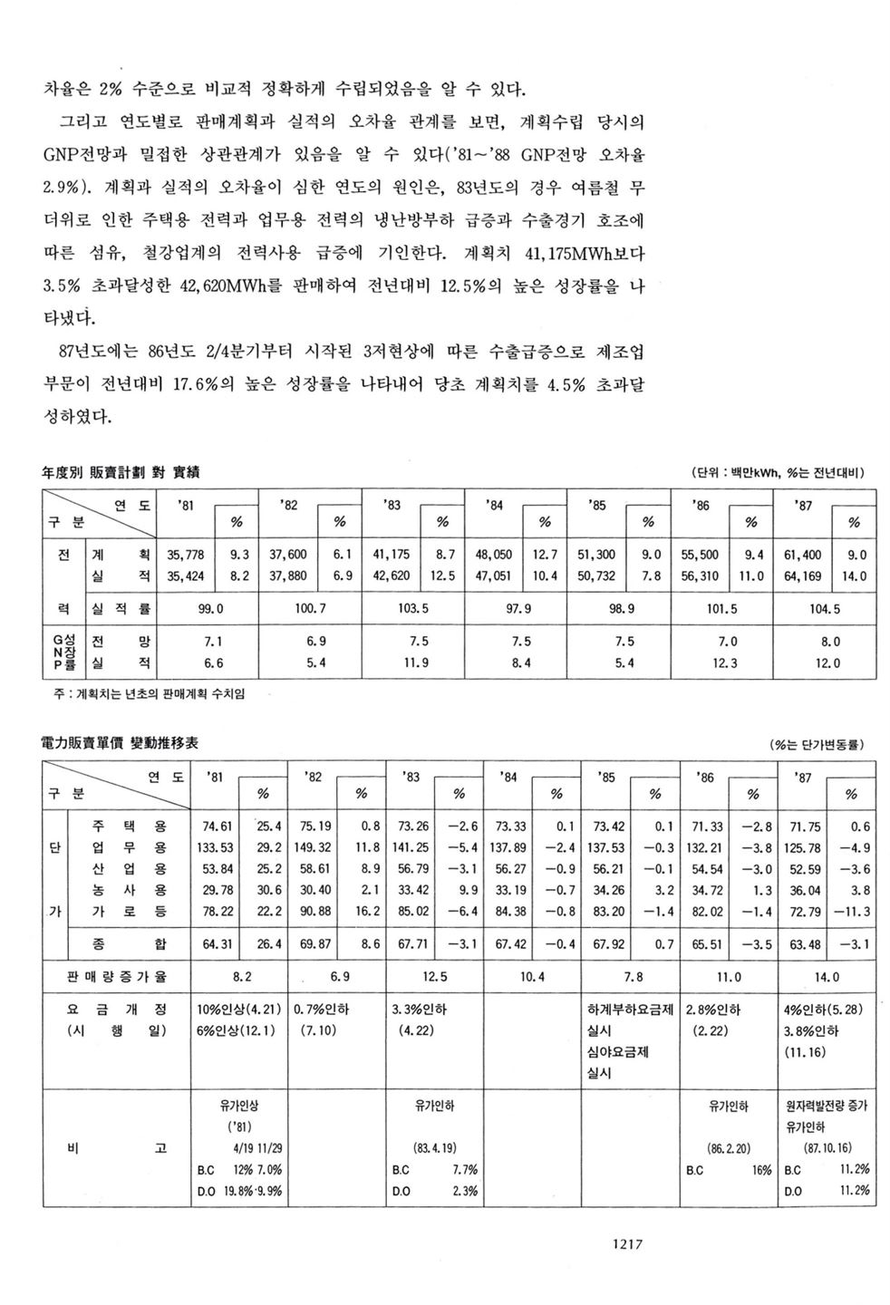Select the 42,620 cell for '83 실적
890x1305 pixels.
click(391, 575)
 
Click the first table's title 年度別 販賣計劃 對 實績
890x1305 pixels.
click(121, 472)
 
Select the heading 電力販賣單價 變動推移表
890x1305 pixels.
click(121, 742)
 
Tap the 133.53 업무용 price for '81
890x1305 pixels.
click(216, 847)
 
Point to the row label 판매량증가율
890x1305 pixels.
click(117, 978)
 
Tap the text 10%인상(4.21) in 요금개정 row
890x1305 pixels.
click(238, 1009)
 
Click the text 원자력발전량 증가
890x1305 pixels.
click(827, 1106)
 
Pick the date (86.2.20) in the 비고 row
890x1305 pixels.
click(728, 1147)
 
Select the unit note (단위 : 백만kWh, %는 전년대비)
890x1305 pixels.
click(779, 473)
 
